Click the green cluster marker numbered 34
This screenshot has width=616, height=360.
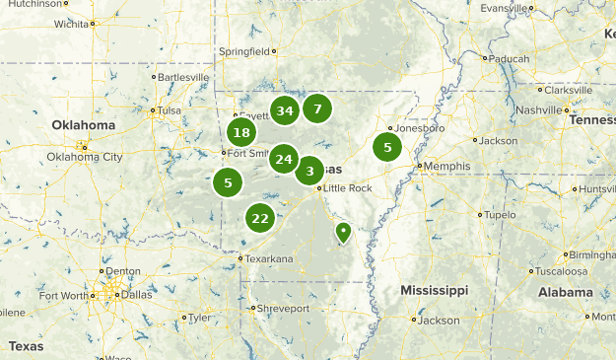tap(285, 110)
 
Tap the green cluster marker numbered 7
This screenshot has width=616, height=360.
tap(317, 108)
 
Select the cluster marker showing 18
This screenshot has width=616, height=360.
tap(241, 133)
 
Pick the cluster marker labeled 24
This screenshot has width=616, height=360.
tap(284, 159)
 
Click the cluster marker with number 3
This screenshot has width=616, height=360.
tap(309, 171)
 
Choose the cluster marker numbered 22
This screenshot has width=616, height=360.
tap(260, 218)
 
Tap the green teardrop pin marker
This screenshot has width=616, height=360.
tap(343, 232)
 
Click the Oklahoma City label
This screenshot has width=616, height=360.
tap(85, 157)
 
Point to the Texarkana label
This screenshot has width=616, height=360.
tap(269, 258)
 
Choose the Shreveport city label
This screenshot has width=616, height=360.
tap(284, 308)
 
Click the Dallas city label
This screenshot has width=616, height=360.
tap(139, 293)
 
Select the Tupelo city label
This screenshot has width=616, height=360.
tap(501, 214)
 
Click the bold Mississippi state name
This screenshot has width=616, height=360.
tap(434, 291)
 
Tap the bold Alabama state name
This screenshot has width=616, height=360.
tap(565, 293)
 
